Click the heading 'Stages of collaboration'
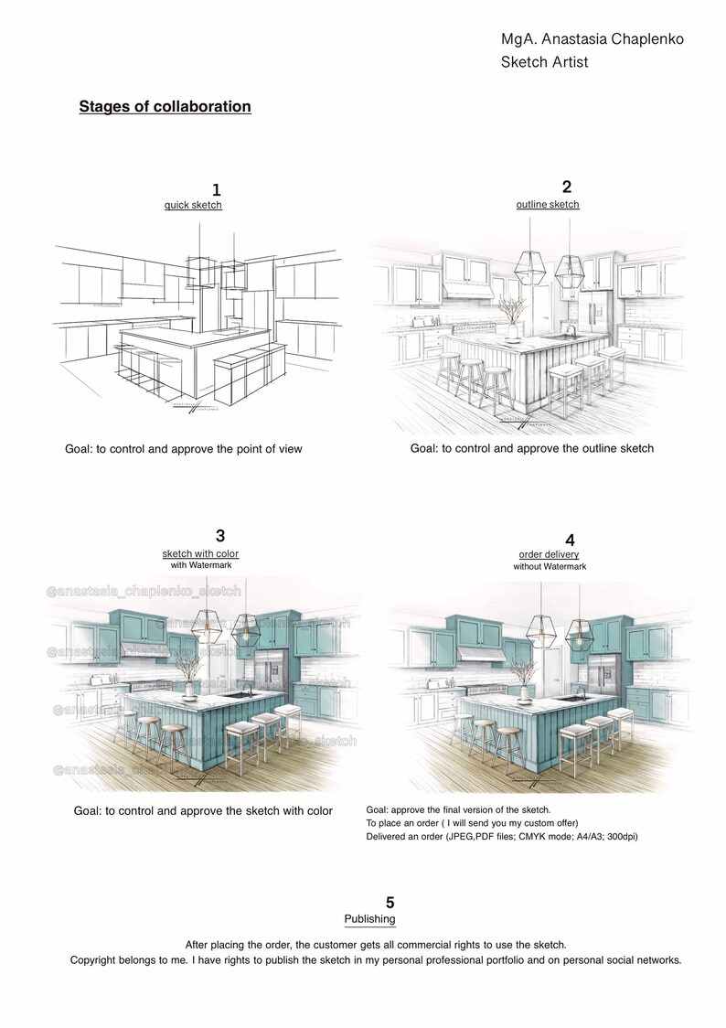[165, 107]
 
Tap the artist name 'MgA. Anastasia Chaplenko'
[592, 39]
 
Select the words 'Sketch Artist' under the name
[544, 62]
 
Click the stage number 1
[216, 190]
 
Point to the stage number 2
[567, 186]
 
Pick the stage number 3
[220, 536]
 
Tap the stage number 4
[571, 541]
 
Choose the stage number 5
[390, 903]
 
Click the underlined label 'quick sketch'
[193, 205]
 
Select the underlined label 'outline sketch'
[548, 204]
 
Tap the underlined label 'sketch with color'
[200, 554]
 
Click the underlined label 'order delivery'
[549, 554]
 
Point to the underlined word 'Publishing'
[369, 918]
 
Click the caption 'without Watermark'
[550, 567]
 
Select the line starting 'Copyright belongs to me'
[376, 960]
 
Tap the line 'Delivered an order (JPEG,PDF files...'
[501, 836]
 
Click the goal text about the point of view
[183, 449]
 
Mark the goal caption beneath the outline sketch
[531, 448]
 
